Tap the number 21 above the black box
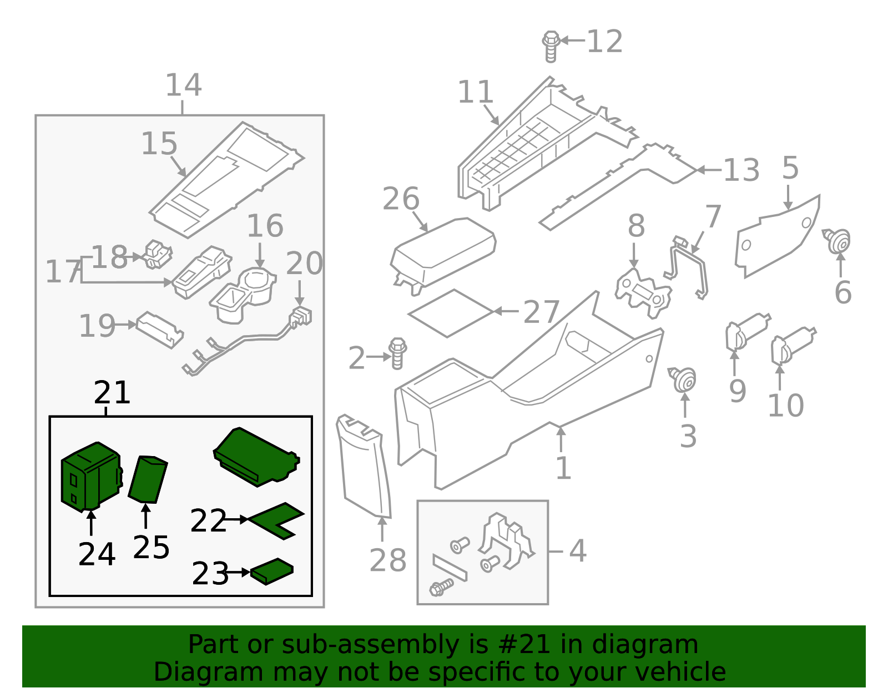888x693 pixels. click(x=112, y=393)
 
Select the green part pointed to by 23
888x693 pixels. click(x=272, y=571)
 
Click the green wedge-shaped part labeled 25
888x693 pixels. click(x=148, y=479)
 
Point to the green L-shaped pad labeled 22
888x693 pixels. click(x=277, y=520)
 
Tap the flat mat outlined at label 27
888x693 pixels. click(x=451, y=313)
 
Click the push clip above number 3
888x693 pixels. click(x=684, y=380)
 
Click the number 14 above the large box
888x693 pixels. click(x=183, y=85)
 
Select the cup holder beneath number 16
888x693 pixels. click(x=244, y=293)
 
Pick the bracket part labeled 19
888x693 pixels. click(x=160, y=329)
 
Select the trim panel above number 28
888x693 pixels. click(x=364, y=466)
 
